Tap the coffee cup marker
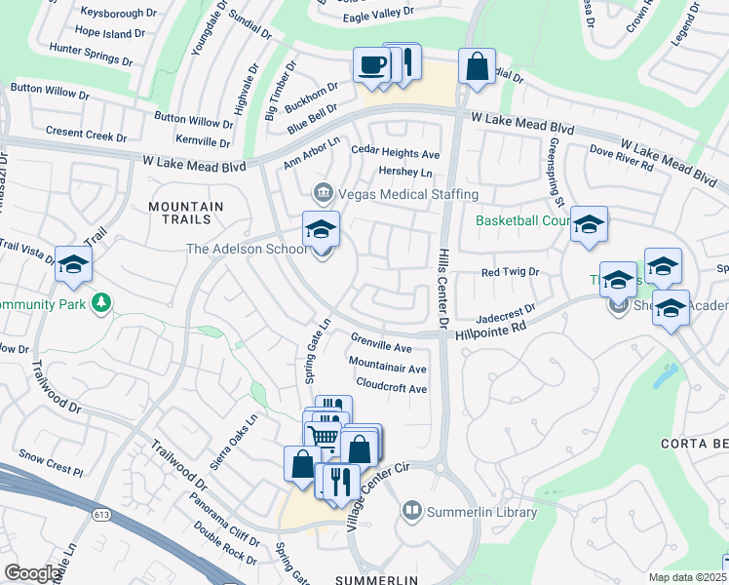click(371, 66)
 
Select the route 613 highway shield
click(101, 514)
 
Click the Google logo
click(32, 573)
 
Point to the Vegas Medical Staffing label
click(397, 194)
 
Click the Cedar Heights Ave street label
click(396, 154)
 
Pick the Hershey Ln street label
click(404, 172)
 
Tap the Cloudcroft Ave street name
click(392, 387)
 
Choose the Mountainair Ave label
click(388, 369)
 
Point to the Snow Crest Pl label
click(52, 462)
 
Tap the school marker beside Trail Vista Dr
click(73, 265)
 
